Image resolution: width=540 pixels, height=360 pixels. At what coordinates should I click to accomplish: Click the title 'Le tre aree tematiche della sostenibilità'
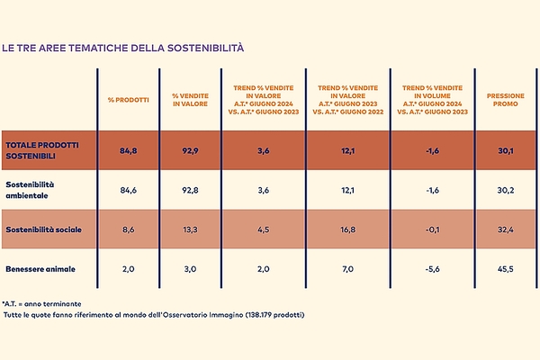click(x=122, y=46)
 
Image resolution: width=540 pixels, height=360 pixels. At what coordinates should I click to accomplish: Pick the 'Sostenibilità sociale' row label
click(x=43, y=230)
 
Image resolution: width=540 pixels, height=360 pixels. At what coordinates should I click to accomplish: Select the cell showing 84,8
click(x=127, y=150)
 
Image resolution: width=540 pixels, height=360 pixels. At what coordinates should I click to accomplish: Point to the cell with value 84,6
click(x=127, y=190)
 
